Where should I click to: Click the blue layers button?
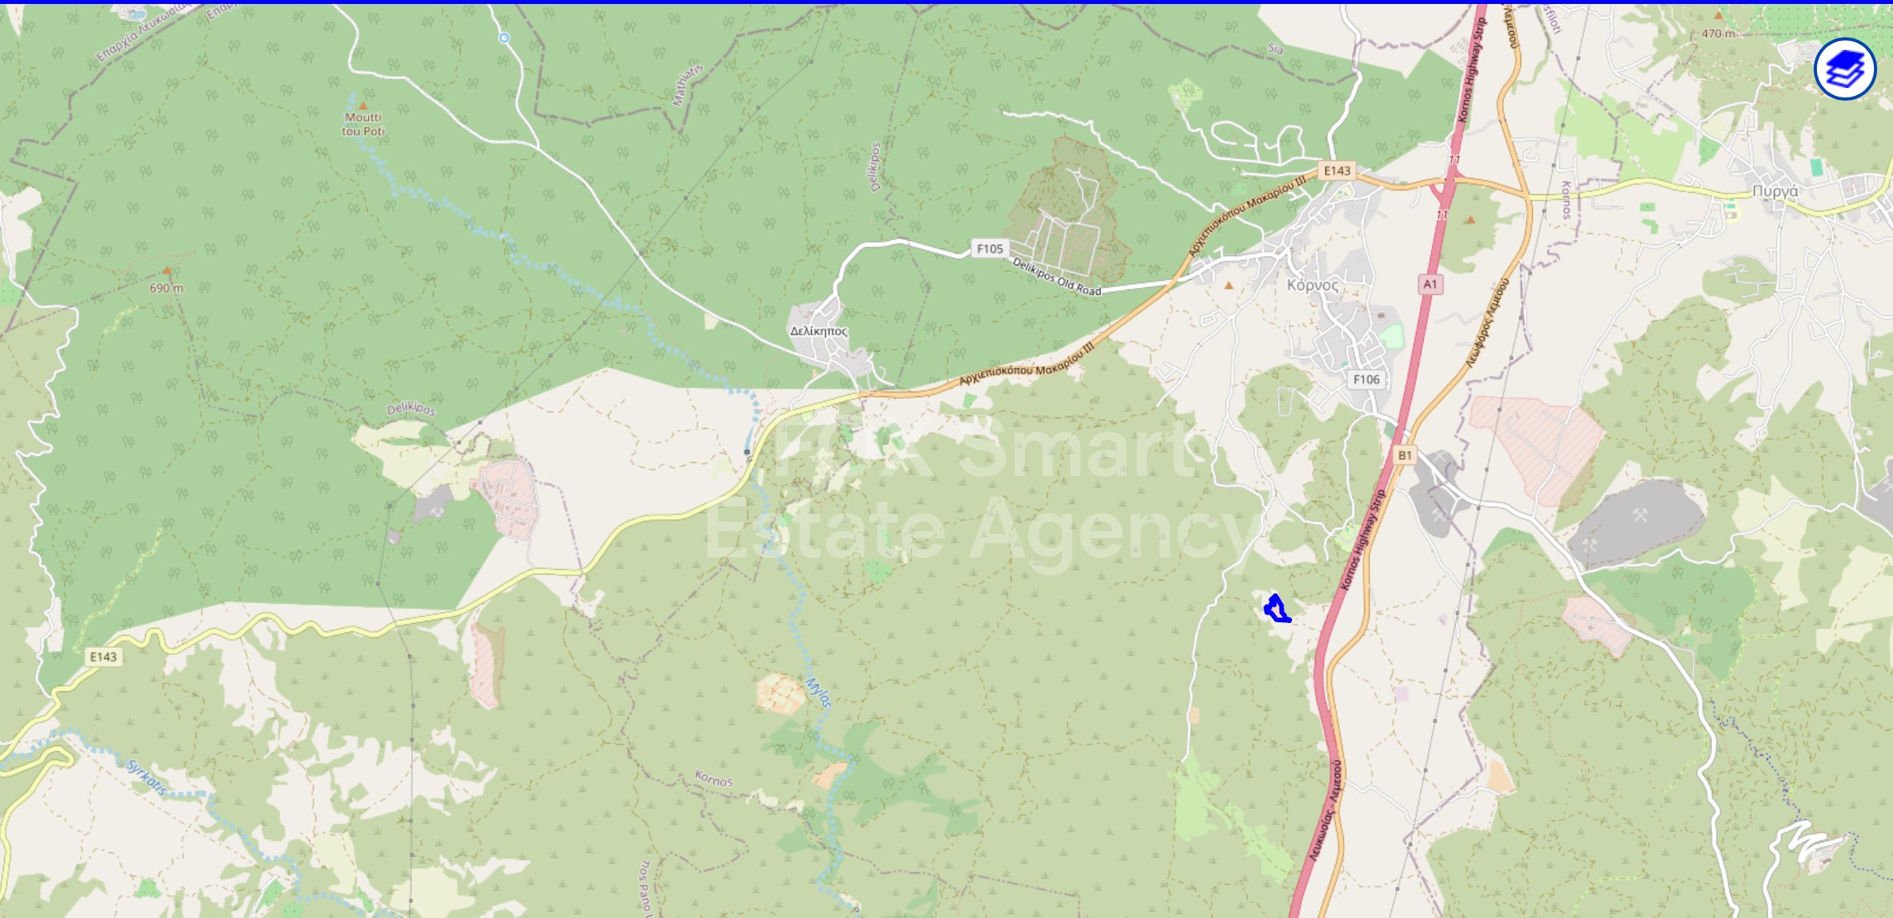tap(1845, 69)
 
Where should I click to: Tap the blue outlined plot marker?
tap(1275, 609)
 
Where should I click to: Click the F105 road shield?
tap(989, 249)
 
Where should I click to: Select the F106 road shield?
tap(1366, 380)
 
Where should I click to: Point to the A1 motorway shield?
tap(1430, 284)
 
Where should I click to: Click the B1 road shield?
tap(1405, 455)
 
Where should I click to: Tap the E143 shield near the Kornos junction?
tap(1337, 170)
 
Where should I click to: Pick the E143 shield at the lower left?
tap(103, 656)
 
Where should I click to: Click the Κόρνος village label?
tap(1313, 285)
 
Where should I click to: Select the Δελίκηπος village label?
tap(819, 331)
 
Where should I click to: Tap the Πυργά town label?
tap(1775, 191)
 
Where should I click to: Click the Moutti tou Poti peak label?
tap(363, 124)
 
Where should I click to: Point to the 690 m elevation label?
tap(166, 288)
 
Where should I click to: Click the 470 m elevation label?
tap(1718, 33)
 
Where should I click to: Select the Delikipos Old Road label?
tap(1057, 277)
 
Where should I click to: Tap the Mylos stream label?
tap(819, 691)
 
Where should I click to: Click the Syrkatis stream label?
tap(147, 777)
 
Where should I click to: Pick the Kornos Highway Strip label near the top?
tap(1471, 70)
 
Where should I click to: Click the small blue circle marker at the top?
tap(504, 37)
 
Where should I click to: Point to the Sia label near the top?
tap(1275, 49)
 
